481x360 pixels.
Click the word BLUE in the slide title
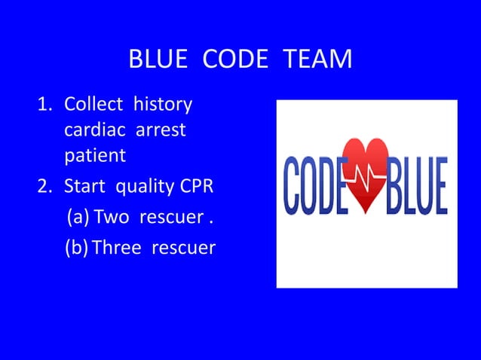click(159, 59)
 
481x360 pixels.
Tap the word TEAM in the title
click(317, 59)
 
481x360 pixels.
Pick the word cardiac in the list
click(96, 130)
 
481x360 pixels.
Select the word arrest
click(161, 130)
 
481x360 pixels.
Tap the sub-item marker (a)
click(78, 218)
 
